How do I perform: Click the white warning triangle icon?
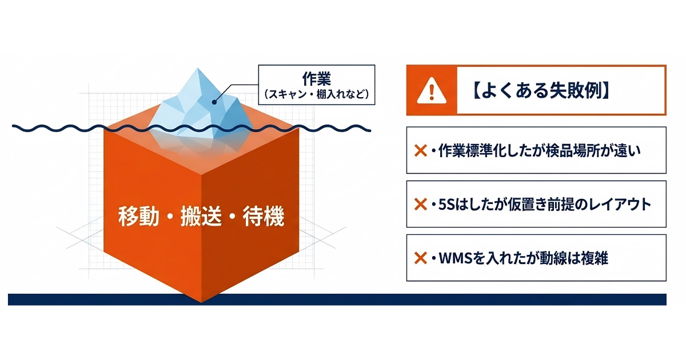(x=432, y=90)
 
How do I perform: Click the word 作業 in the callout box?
(x=317, y=79)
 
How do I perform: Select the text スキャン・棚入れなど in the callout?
(x=317, y=94)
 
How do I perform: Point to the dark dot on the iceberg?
(x=214, y=102)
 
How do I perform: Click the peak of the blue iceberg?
(x=198, y=68)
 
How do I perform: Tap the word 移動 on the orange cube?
(x=139, y=217)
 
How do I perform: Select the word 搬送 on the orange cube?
(x=201, y=217)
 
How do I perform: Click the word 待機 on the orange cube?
(x=264, y=217)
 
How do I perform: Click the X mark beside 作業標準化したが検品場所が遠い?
(x=421, y=151)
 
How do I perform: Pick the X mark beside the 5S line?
(x=421, y=204)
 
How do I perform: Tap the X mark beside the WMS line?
(x=421, y=258)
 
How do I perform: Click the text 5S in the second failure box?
(x=446, y=205)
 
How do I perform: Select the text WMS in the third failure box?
(x=454, y=258)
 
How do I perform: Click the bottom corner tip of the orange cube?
(x=201, y=302)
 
